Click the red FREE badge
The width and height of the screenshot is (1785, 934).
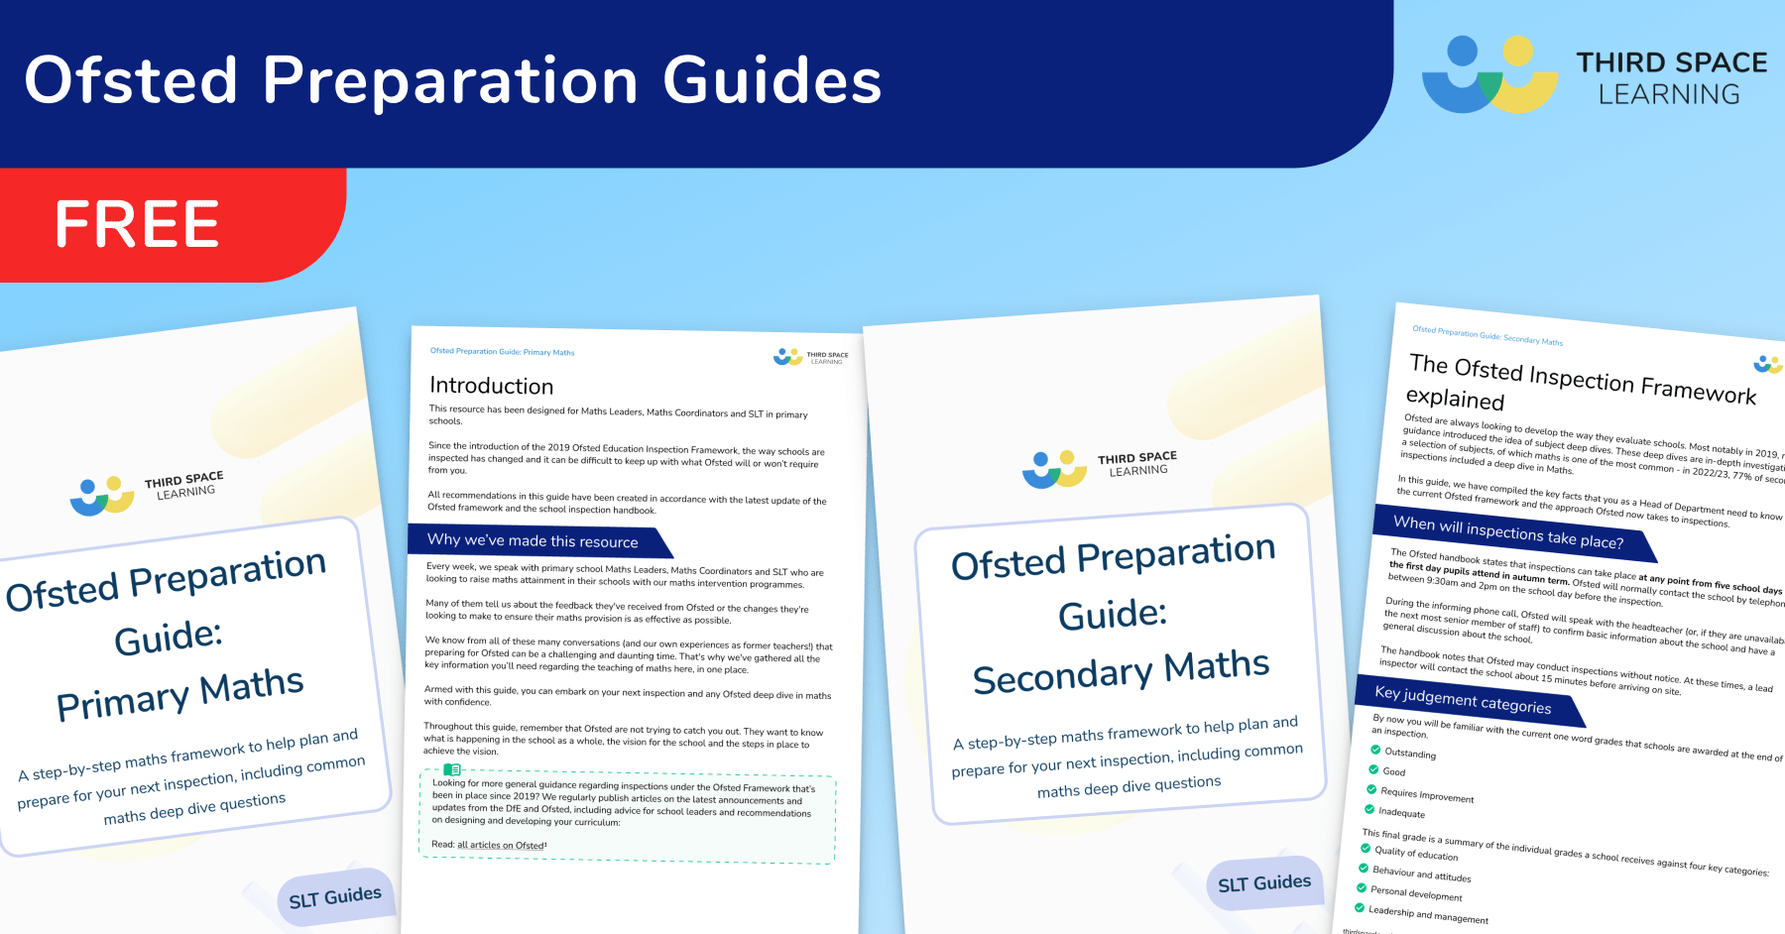pyautogui.click(x=139, y=224)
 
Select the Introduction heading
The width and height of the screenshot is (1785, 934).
pyautogui.click(x=491, y=386)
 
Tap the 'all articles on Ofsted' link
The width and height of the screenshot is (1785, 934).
pyautogui.click(x=501, y=845)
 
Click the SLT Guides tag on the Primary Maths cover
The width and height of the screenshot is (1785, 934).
pyautogui.click(x=334, y=897)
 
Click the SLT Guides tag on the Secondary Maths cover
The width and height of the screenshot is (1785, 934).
pyautogui.click(x=1263, y=882)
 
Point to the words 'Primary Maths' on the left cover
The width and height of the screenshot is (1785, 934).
pyautogui.click(x=180, y=694)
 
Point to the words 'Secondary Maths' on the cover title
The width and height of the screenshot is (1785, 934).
pyautogui.click(x=1121, y=671)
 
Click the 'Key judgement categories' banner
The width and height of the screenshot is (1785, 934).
pyautogui.click(x=1463, y=699)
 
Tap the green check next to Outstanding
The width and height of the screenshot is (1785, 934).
pyautogui.click(x=1375, y=750)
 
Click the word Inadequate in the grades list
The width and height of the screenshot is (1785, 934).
pyautogui.click(x=1401, y=812)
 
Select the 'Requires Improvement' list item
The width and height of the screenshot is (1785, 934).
pyautogui.click(x=1426, y=794)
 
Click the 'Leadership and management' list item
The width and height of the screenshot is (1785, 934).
pyautogui.click(x=1428, y=914)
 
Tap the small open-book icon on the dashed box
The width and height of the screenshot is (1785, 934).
pyautogui.click(x=452, y=770)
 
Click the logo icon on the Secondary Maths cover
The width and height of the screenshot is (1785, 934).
pyautogui.click(x=1054, y=469)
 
